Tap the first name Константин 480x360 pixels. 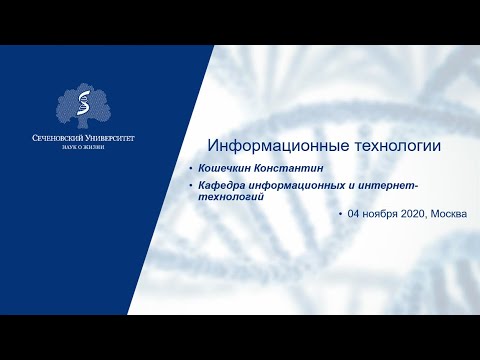(x=296, y=171)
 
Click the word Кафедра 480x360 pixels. (x=226, y=187)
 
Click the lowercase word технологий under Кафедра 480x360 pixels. (x=232, y=197)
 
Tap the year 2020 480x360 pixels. (x=420, y=215)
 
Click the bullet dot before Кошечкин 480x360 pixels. (x=191, y=171)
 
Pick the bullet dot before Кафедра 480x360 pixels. (x=191, y=187)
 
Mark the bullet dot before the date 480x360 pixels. (x=340, y=215)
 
